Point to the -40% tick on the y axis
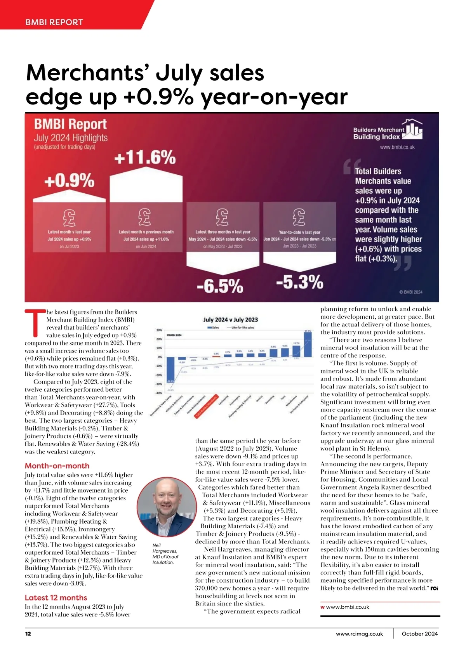point(159,393)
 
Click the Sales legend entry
point(214,328)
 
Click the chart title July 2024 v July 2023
point(230,319)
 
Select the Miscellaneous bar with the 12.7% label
point(296,351)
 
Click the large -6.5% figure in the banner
point(220,286)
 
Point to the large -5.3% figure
point(299,282)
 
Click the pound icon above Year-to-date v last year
point(299,217)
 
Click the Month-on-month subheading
point(57,466)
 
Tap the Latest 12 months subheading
point(56,598)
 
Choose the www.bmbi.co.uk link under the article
point(348,607)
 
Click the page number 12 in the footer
point(28,634)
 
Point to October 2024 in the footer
point(420,634)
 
